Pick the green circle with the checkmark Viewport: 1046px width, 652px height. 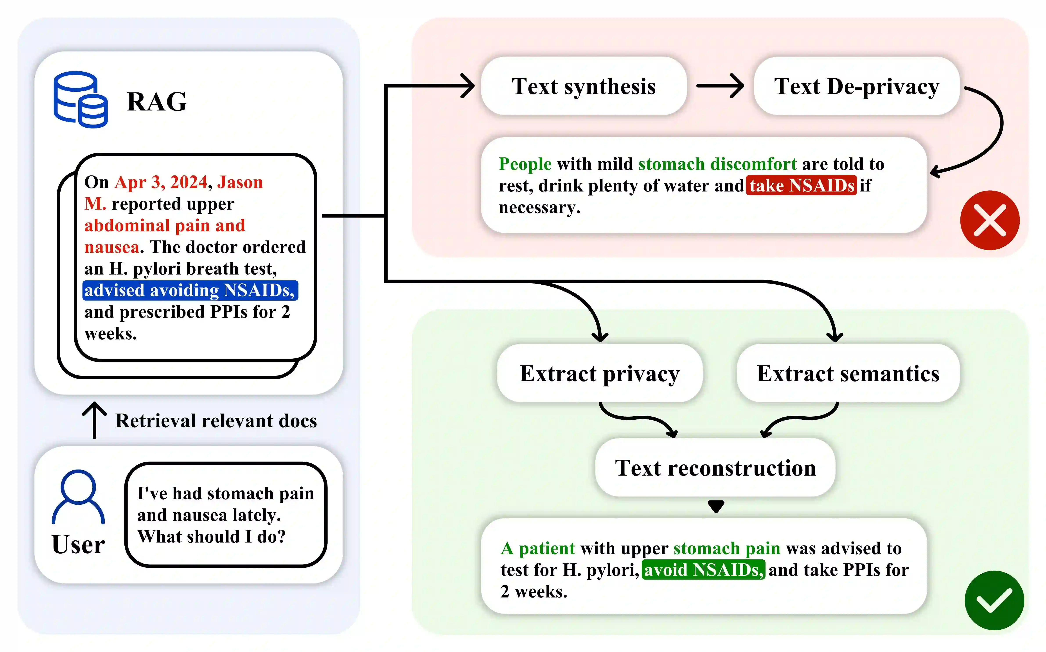click(994, 600)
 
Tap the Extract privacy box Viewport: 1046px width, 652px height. click(600, 373)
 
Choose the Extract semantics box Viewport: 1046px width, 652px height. click(848, 373)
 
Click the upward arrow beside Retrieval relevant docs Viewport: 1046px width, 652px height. click(94, 421)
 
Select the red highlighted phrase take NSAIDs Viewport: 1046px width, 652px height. click(801, 185)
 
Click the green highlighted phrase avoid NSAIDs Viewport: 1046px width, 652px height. click(703, 570)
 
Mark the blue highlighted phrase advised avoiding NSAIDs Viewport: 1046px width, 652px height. click(190, 290)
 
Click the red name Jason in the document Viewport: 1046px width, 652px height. click(240, 182)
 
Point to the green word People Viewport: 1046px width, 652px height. click(525, 164)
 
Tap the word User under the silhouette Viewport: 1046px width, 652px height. click(78, 544)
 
